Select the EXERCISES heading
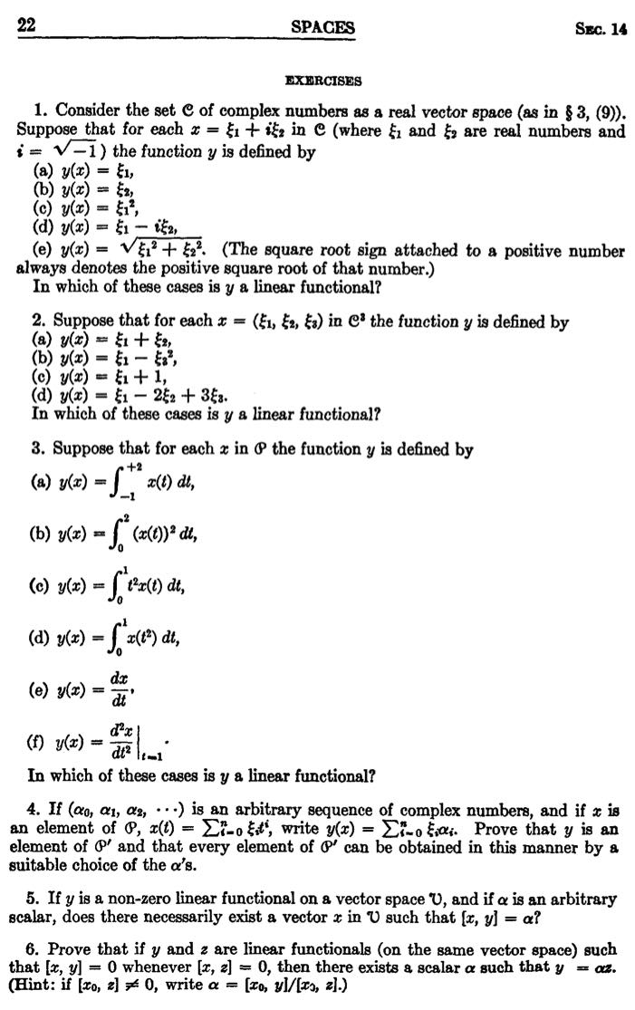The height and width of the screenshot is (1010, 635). pos(321,81)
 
